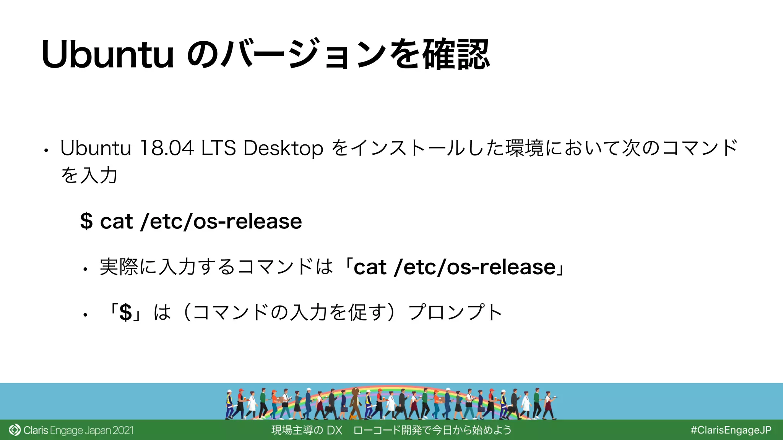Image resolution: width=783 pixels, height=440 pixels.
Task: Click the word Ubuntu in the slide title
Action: pyautogui.click(x=108, y=55)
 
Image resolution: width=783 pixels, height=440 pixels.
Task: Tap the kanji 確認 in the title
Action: pyautogui.click(x=456, y=55)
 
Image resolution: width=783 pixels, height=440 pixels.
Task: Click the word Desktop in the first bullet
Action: pyautogui.click(x=283, y=148)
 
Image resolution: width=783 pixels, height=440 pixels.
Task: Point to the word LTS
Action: pyautogui.click(x=218, y=148)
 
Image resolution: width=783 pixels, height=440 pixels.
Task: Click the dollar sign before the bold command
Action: pyautogui.click(x=86, y=222)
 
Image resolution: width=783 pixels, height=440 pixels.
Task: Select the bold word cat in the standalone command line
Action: pyautogui.click(x=116, y=222)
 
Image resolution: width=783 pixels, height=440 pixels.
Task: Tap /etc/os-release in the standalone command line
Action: pyautogui.click(x=221, y=222)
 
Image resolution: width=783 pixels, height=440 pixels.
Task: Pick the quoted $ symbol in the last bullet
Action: pyautogui.click(x=126, y=312)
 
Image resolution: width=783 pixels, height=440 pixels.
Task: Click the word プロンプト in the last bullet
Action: pyautogui.click(x=455, y=312)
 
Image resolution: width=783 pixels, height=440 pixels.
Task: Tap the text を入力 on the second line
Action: pyautogui.click(x=89, y=175)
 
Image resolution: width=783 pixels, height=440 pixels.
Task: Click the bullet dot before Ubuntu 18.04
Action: pyautogui.click(x=45, y=151)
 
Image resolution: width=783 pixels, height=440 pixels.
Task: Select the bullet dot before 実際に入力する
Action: pyautogui.click(x=85, y=270)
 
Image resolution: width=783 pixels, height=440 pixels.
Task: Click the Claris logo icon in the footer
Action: pyautogui.click(x=15, y=430)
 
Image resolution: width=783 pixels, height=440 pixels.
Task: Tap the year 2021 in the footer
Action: pyautogui.click(x=123, y=430)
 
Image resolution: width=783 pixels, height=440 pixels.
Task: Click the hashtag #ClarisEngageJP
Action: pyautogui.click(x=731, y=430)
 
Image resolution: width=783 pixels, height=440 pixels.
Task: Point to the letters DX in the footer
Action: pyautogui.click(x=335, y=430)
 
